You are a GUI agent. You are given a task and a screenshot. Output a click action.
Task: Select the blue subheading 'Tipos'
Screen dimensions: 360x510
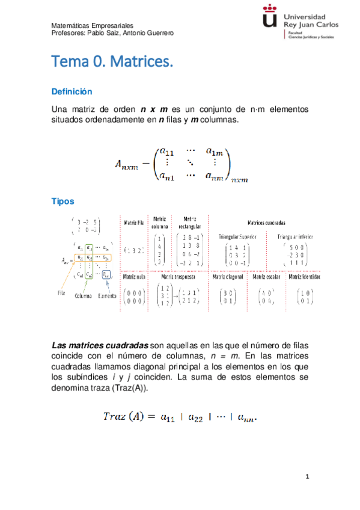coord(63,201)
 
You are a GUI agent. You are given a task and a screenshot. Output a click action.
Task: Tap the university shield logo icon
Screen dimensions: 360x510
coord(270,20)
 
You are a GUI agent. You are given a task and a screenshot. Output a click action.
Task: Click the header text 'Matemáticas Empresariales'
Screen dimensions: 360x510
coord(92,26)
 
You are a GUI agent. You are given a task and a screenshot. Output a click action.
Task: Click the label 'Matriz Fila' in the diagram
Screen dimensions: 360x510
coord(134,223)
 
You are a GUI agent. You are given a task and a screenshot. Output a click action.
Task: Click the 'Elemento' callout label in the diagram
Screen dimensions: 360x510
coord(108,296)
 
